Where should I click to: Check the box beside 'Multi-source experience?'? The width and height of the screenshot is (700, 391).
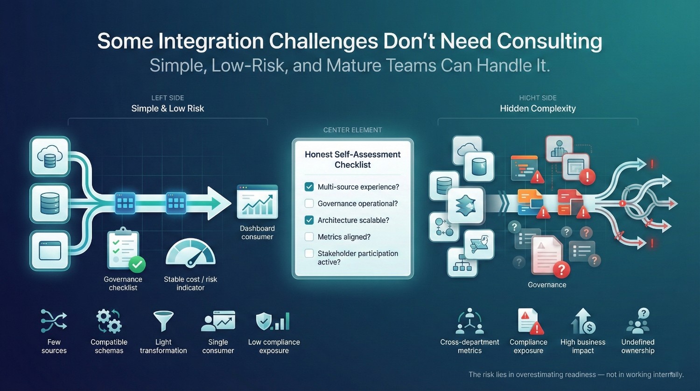pos(309,187)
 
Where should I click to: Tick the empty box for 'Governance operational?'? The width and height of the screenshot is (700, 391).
pos(309,203)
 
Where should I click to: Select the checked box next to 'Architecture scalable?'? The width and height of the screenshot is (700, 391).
pos(309,220)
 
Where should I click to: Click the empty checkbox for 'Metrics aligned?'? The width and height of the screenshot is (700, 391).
pos(309,237)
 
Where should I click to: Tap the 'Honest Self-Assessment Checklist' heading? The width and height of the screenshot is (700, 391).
pos(352,159)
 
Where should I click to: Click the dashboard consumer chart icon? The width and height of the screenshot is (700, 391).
pos(257,202)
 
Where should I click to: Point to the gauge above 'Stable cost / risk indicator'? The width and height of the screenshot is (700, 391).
pos(190,253)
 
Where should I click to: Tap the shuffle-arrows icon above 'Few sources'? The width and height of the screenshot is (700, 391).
pos(54,321)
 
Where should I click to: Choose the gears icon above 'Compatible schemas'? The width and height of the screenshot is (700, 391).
pos(109,321)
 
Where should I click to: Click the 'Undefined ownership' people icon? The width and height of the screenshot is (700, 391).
pos(638,321)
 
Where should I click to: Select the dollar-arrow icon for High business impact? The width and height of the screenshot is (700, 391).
pos(583,321)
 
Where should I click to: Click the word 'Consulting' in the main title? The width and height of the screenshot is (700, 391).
pos(549,41)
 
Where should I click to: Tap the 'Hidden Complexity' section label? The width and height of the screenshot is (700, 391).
pos(538,108)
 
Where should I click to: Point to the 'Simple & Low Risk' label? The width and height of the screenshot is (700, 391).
pos(168,108)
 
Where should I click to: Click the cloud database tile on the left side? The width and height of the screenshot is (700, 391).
pos(49,156)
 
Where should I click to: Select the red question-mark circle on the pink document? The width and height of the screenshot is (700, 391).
pos(561,270)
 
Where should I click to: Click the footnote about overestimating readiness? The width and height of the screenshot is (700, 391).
pos(576,375)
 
